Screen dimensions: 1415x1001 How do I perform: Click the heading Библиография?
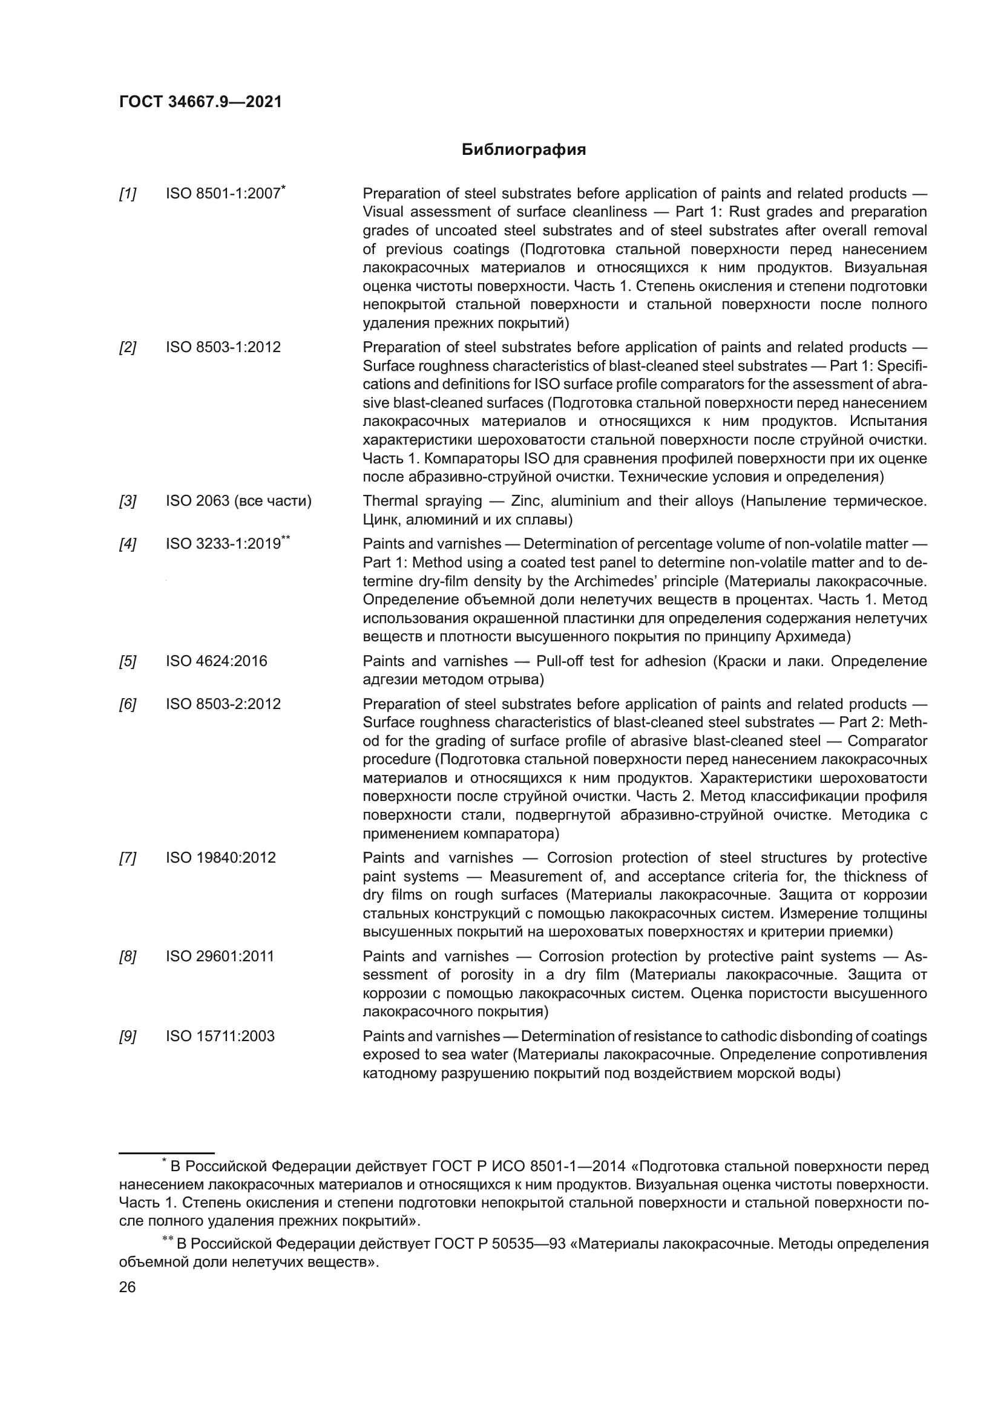[x=523, y=150]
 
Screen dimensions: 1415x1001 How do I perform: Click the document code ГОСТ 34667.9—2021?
[x=200, y=102]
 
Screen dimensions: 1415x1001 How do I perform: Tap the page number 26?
[x=127, y=1287]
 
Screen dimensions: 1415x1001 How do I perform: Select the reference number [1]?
[x=128, y=194]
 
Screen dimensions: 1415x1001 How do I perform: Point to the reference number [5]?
[x=128, y=662]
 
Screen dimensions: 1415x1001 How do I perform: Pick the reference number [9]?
[x=128, y=1037]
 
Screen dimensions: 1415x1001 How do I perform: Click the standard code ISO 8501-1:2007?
[x=223, y=194]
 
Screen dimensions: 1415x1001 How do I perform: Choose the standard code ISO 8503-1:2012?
[x=223, y=348]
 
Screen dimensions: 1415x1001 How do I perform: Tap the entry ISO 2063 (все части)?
[x=238, y=501]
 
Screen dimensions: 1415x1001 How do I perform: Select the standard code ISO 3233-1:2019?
[x=223, y=544]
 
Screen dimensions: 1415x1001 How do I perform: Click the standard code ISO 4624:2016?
[x=216, y=661]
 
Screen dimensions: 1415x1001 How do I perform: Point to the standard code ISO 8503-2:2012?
[x=223, y=704]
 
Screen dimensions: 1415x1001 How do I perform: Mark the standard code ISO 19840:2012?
[x=221, y=858]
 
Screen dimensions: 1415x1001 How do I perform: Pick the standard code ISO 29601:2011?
[x=220, y=956]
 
